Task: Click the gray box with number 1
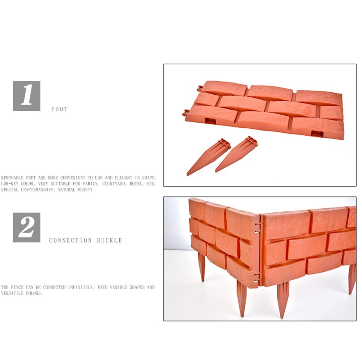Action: click(26, 96)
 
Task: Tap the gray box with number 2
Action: click(26, 227)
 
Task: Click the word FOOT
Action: click(59, 109)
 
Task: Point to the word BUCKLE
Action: click(109, 240)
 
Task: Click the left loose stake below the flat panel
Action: click(208, 157)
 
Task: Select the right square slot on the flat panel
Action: click(317, 134)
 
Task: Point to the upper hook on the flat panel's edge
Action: click(200, 88)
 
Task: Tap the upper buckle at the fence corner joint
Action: click(258, 227)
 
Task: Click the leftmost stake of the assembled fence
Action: click(201, 266)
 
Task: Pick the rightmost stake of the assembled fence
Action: click(352, 278)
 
